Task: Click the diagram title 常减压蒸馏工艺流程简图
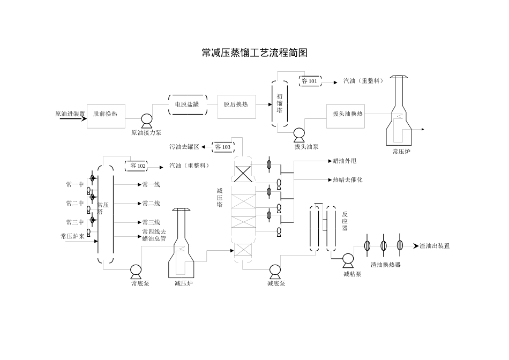point(254,52)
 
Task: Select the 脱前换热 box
point(106,114)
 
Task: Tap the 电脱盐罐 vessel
point(187,104)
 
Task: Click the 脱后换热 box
point(236,104)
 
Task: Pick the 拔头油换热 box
point(348,114)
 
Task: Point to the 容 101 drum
point(310,81)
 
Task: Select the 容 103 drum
point(222,146)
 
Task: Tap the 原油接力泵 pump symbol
point(146,120)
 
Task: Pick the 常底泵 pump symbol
point(136,270)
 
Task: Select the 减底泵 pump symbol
point(275,270)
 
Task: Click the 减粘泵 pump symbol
point(348,260)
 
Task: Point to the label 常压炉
point(401,152)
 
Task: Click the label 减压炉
point(183,283)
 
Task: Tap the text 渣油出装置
point(435,246)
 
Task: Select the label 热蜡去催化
point(347,180)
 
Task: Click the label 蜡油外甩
point(345,161)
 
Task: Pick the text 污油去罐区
point(184,146)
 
